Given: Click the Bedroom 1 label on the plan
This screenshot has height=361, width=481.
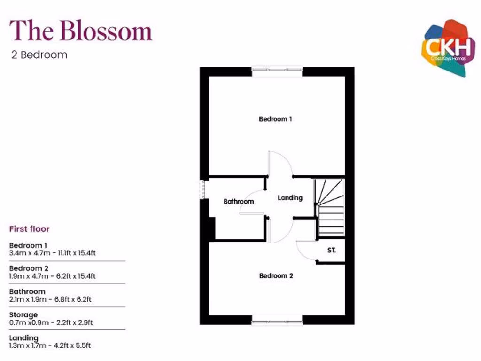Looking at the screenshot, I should (x=275, y=119).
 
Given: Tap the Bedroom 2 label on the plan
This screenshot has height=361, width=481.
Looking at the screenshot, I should (x=276, y=276).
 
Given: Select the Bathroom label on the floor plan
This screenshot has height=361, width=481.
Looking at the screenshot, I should (x=239, y=202).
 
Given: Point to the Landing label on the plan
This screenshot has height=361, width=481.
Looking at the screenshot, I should (x=290, y=198).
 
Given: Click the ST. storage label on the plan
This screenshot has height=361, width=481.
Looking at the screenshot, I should (x=332, y=251).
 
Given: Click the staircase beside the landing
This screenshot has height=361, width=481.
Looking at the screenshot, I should (x=330, y=207).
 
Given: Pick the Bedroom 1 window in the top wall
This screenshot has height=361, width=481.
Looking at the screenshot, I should (x=277, y=71).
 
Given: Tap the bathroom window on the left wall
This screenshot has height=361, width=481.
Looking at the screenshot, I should (x=203, y=189).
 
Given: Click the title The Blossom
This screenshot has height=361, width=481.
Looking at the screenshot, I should (x=81, y=31).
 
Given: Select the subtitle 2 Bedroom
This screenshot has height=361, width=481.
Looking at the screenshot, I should (x=39, y=55).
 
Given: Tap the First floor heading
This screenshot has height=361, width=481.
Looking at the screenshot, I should (x=30, y=229).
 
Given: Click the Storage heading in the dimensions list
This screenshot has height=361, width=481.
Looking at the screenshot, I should (x=23, y=314).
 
